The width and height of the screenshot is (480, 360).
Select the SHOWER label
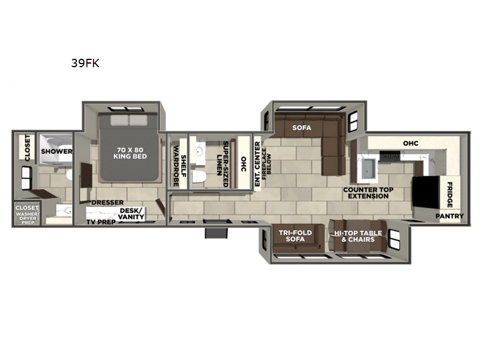click(x=57, y=151)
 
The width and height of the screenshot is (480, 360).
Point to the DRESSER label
click(x=108, y=203)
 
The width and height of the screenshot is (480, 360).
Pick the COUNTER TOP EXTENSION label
click(x=368, y=193)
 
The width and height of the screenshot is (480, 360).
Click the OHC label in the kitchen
click(x=410, y=143)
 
